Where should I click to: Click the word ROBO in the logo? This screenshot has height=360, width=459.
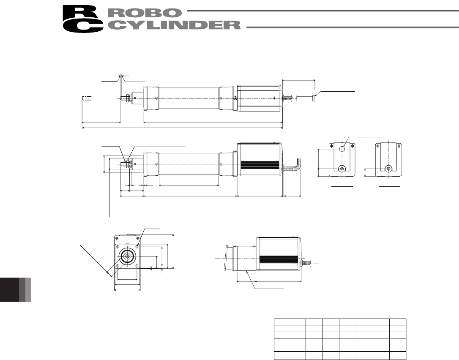coord(145,13)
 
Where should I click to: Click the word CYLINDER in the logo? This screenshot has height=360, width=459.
coord(174,25)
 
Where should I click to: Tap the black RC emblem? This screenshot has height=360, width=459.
coord(83,19)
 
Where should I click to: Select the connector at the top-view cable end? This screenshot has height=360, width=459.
coord(314,97)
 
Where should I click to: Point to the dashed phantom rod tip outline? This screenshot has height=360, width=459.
coord(87,98)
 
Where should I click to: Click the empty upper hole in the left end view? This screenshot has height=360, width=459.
coord(342,149)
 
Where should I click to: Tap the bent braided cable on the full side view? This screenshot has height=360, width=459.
coord(292,166)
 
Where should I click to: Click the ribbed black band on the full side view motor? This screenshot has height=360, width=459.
coord(260,166)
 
